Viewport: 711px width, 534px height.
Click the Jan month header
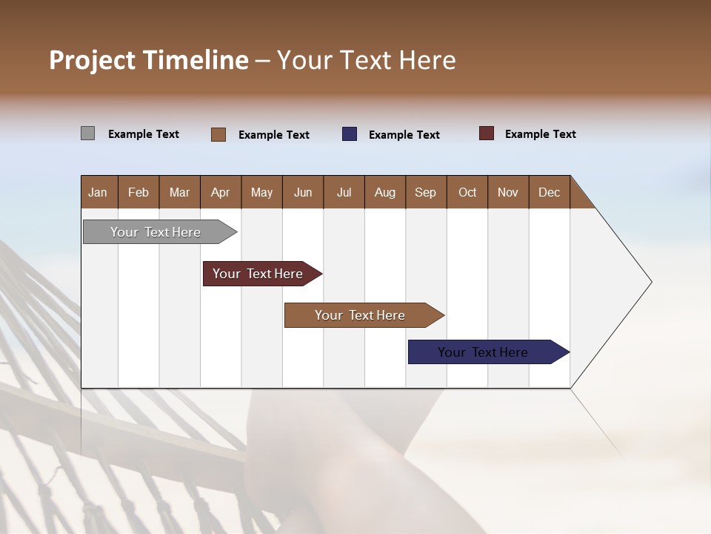point(99,192)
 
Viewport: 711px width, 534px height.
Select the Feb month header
point(138,192)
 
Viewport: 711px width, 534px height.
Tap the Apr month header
point(221,192)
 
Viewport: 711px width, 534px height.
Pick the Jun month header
point(303,192)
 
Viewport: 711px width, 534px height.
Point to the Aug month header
point(385,192)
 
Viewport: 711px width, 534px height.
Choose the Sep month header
point(426,192)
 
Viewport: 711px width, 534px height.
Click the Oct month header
point(467,192)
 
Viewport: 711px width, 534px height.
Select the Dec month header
point(550,192)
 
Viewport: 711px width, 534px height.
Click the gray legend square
point(88,133)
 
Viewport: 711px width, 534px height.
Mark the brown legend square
point(218,134)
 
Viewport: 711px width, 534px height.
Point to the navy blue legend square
point(350,134)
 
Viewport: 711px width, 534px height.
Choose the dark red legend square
point(487,133)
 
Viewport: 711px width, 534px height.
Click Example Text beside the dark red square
point(540,134)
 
